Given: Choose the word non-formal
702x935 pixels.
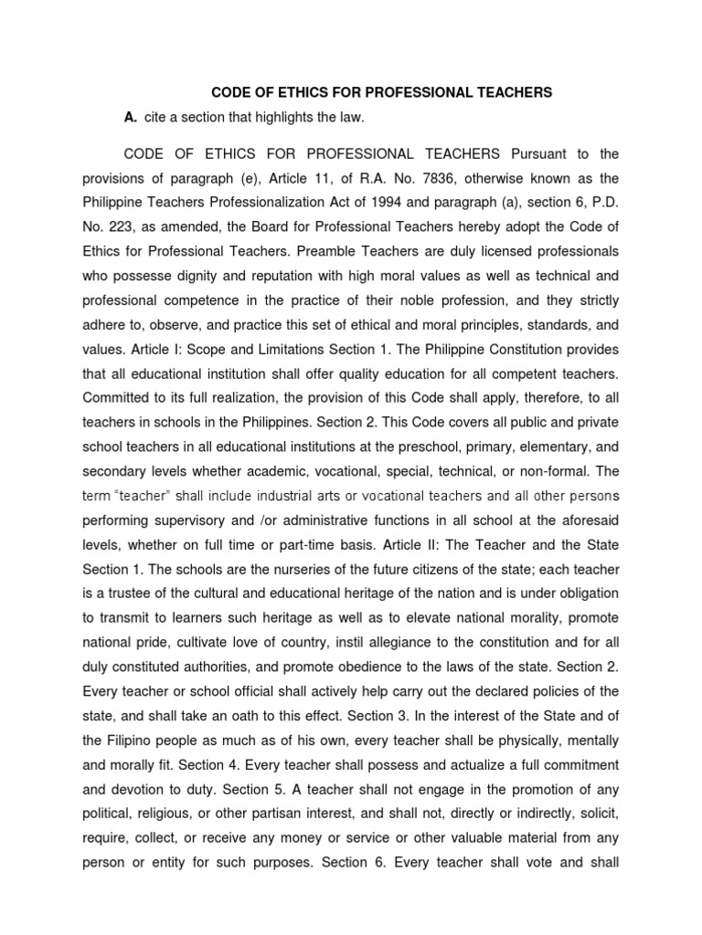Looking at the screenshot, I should tap(547, 472).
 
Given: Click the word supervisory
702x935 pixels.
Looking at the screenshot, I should tap(192, 521).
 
